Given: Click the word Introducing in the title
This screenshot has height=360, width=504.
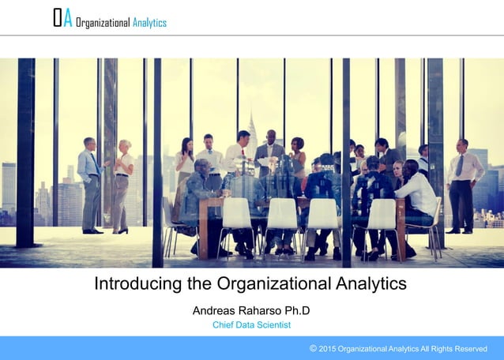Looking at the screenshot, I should pos(135,283).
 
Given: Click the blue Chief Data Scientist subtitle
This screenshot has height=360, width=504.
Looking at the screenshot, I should pos(251,324).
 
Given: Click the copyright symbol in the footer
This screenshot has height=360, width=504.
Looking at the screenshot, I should pos(314,347).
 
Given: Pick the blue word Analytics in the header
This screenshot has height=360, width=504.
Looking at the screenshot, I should pos(149,22).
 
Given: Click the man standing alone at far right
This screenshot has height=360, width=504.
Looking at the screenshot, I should pos(464,186).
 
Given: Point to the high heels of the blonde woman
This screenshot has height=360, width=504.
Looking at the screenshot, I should pos(120,231).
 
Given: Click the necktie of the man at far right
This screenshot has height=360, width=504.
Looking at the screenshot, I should pos(460,165).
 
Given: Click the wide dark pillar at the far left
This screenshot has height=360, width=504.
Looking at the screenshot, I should pos(25,150).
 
